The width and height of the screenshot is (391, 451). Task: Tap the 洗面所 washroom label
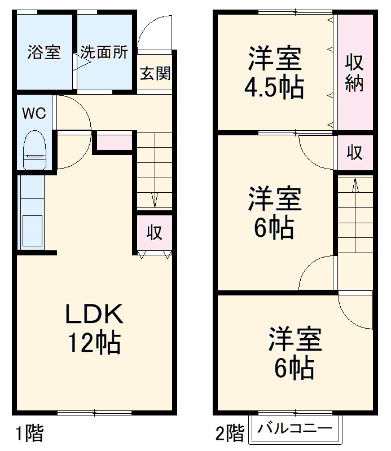104,52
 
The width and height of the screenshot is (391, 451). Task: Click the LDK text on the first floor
93,314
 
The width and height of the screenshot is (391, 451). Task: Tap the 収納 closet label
354,73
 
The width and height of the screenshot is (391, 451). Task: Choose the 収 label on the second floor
354,152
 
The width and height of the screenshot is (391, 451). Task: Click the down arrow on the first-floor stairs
154,198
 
